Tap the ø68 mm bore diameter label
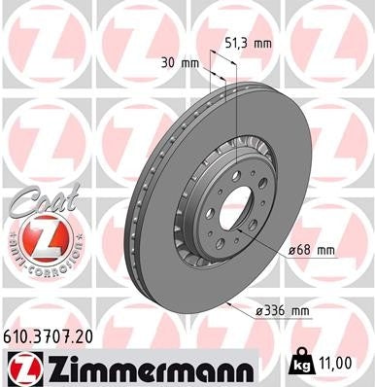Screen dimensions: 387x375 (310, 250)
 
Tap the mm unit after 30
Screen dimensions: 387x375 (190, 61)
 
